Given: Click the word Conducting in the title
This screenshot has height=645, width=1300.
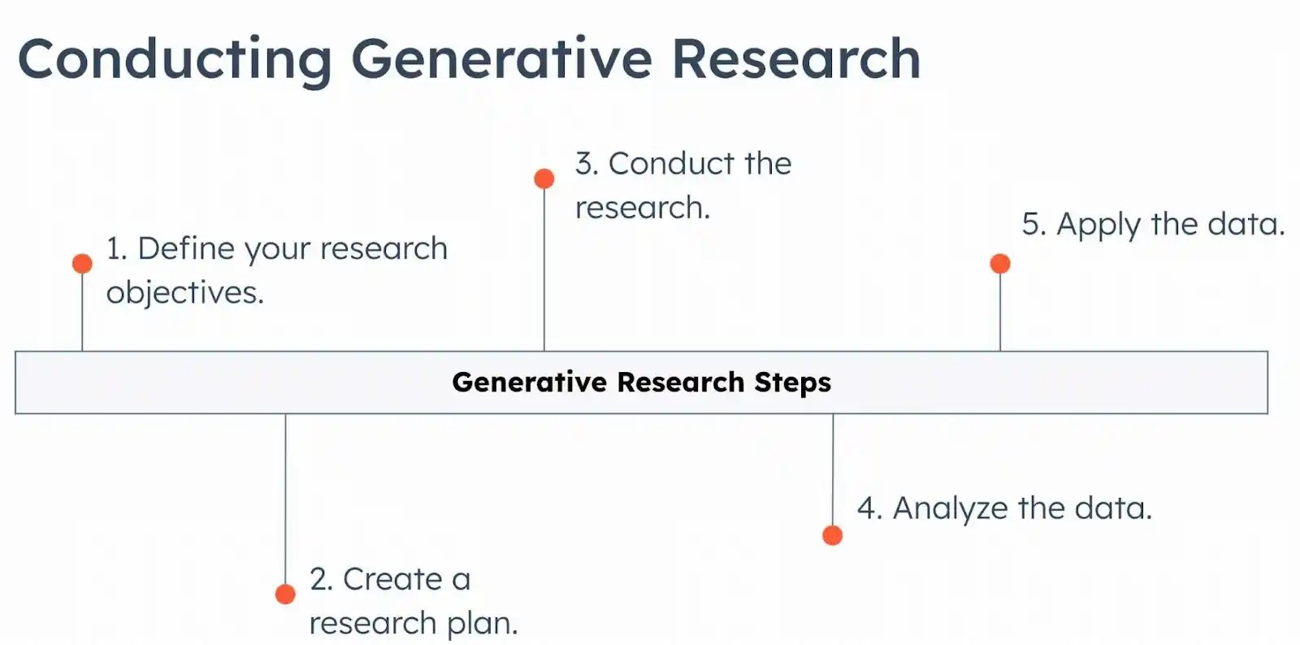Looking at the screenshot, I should [x=175, y=59].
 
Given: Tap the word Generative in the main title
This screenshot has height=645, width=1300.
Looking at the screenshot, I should [x=501, y=59].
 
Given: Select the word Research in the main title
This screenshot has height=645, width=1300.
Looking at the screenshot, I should [x=795, y=59].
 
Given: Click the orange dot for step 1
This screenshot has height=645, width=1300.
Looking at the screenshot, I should [x=82, y=263].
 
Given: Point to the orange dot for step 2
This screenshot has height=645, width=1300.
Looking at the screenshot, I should [x=285, y=594].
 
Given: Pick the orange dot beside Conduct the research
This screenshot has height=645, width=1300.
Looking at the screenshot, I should [x=544, y=179].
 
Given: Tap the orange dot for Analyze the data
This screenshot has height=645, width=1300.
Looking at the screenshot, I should [x=832, y=535].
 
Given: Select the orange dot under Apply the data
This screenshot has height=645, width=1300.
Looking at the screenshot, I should [x=1000, y=263].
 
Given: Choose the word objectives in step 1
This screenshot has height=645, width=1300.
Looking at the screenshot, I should [x=184, y=292].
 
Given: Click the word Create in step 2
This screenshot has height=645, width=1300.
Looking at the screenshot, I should [x=392, y=579].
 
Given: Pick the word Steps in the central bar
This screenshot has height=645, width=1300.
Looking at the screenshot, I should [x=792, y=383].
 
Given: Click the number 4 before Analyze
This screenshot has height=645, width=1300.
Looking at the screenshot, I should [x=868, y=509].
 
